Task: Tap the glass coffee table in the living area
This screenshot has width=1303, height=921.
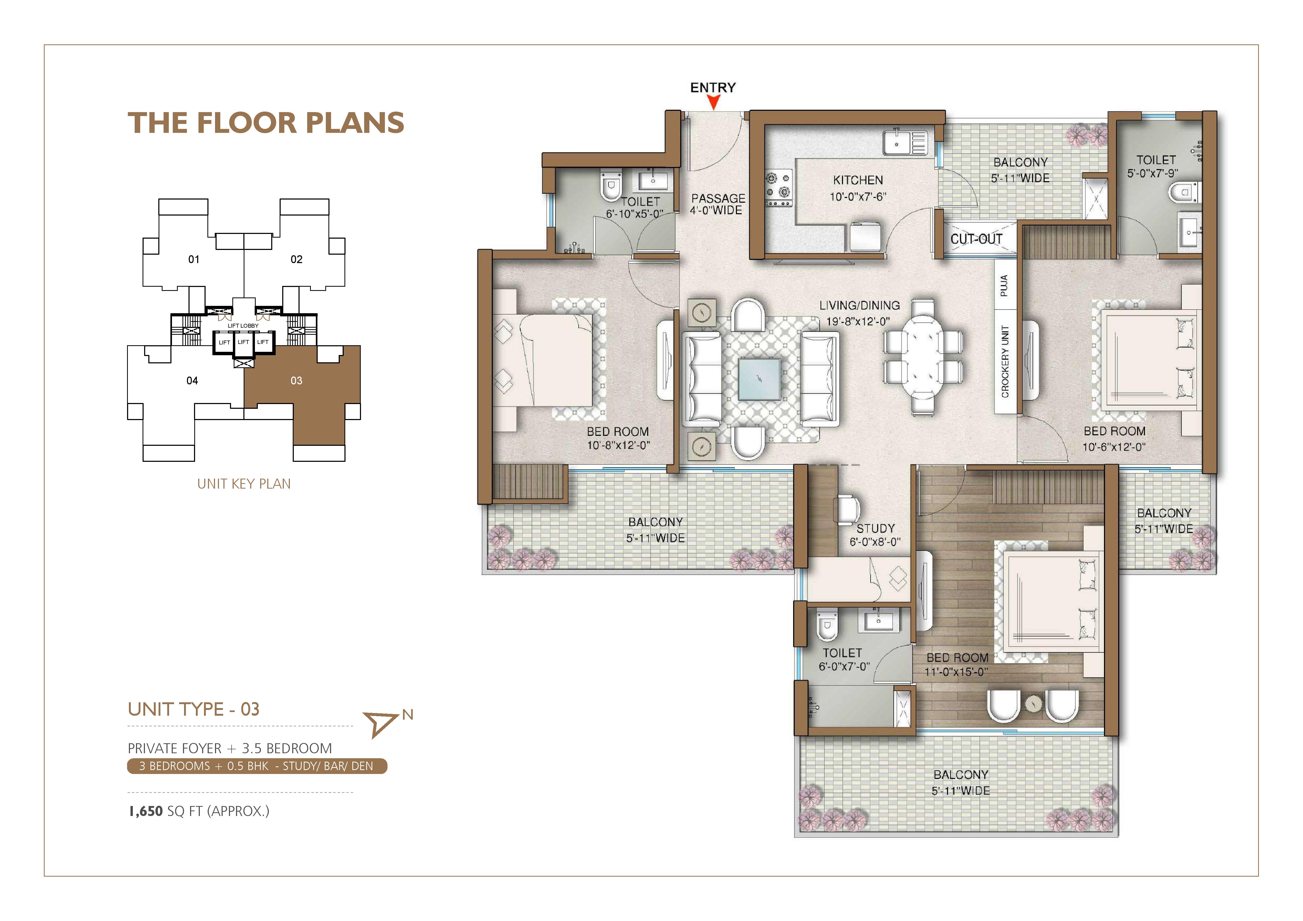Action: tap(759, 380)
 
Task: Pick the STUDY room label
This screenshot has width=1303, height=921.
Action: tap(876, 528)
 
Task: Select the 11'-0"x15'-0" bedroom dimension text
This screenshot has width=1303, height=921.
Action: tap(956, 672)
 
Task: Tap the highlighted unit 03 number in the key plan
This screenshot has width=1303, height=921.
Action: tap(296, 381)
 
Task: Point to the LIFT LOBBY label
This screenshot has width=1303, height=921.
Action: tap(243, 326)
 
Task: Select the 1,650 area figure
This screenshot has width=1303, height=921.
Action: tap(146, 812)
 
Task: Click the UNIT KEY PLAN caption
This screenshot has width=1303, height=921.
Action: tap(244, 484)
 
